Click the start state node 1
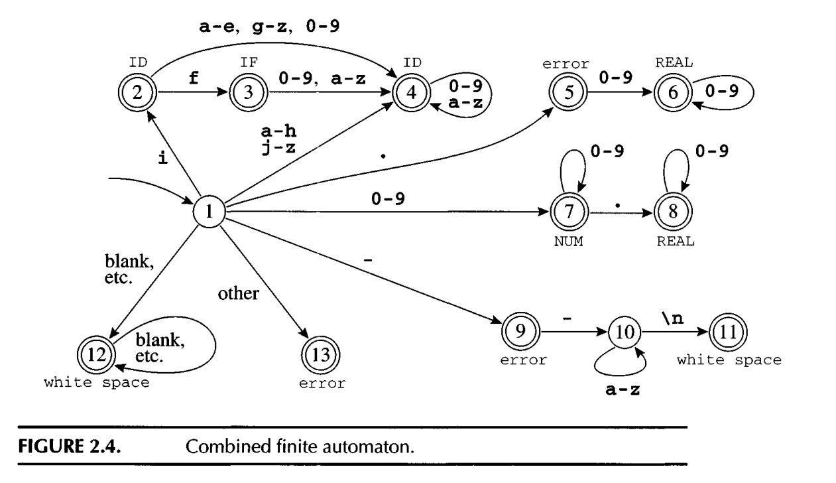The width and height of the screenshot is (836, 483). point(209,213)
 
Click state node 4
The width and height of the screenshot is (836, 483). point(411,92)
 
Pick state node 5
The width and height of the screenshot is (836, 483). point(564,92)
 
